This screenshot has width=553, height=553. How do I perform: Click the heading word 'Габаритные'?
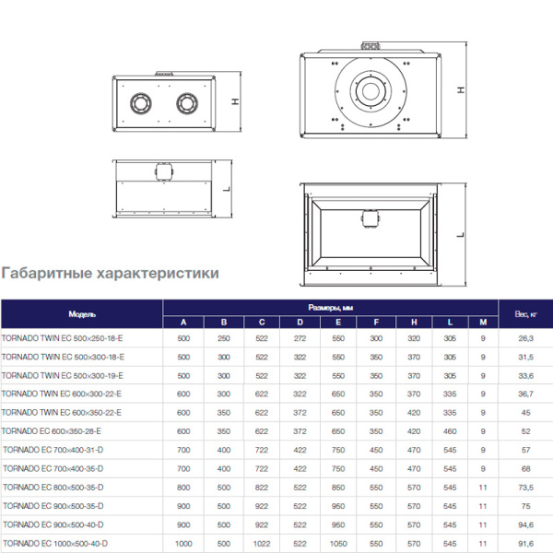tap(48, 274)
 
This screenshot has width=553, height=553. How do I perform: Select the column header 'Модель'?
tap(82, 314)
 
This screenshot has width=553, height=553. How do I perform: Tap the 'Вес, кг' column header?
tap(524, 314)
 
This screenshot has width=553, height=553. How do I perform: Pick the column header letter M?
tap(482, 322)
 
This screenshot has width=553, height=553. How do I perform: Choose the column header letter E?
tap(338, 322)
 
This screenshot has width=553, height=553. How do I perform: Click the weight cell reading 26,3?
tap(524, 338)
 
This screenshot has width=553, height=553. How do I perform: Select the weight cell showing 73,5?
tap(524, 486)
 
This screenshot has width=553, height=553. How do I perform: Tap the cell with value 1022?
tap(262, 542)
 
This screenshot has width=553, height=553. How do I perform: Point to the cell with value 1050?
tap(338, 542)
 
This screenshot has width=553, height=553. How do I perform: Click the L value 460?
tap(450, 430)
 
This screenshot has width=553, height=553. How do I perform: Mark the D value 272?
tap(300, 338)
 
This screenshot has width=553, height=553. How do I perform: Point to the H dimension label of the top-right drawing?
tap(459, 90)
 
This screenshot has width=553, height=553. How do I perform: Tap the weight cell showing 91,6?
tap(524, 542)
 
